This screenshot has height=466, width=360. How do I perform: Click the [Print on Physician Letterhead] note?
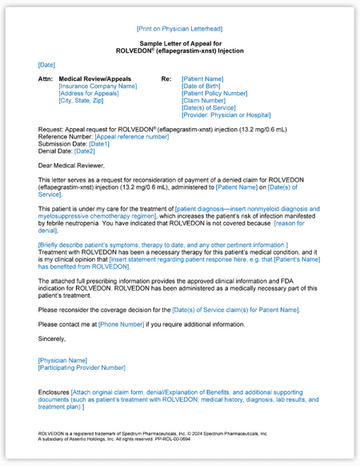click(179, 27)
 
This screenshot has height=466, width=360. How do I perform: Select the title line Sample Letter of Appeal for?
click(179, 43)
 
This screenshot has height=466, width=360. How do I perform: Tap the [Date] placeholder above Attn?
click(47, 65)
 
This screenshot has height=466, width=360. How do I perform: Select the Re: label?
click(166, 79)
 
